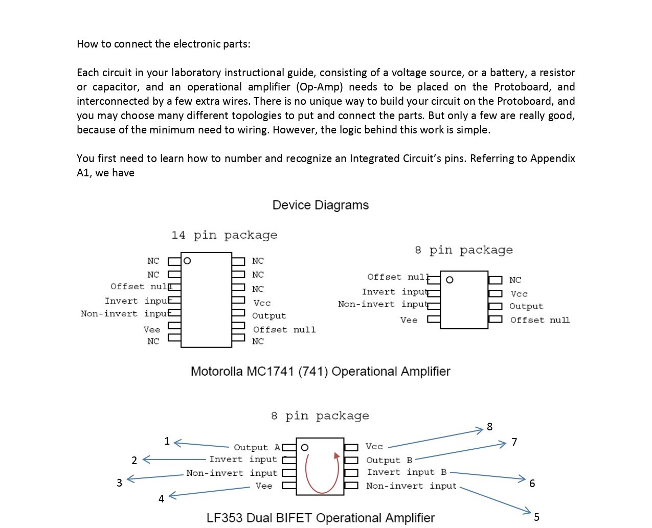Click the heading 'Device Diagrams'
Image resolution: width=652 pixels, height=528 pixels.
tap(320, 205)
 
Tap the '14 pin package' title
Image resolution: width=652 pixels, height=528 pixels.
tap(224, 235)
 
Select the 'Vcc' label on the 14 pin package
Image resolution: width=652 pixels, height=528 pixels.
tap(262, 303)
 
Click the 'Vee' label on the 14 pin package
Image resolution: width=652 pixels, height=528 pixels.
tap(152, 330)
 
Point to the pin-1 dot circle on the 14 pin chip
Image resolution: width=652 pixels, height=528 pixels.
tap(187, 261)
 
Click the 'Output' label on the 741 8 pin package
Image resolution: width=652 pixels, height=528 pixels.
tap(526, 306)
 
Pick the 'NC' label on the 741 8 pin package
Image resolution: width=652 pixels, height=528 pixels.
tap(515, 280)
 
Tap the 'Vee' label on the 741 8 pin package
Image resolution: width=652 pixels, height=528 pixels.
tap(409, 320)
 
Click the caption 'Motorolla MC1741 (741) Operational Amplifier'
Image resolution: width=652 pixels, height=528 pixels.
tap(320, 372)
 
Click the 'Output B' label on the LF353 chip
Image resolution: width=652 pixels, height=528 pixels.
tap(389, 461)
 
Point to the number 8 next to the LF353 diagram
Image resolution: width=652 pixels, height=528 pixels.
tap(489, 427)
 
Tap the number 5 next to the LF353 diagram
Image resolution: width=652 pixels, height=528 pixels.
tap(536, 517)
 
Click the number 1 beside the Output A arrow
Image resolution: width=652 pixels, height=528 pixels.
tap(167, 441)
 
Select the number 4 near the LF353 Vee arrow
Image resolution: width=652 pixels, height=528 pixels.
tap(162, 499)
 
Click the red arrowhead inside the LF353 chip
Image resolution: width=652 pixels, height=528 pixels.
tap(336, 456)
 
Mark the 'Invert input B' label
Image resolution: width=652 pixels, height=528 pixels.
tap(407, 472)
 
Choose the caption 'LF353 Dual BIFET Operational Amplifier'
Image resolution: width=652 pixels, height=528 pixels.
tap(320, 518)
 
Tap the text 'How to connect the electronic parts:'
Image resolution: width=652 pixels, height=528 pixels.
tap(164, 44)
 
